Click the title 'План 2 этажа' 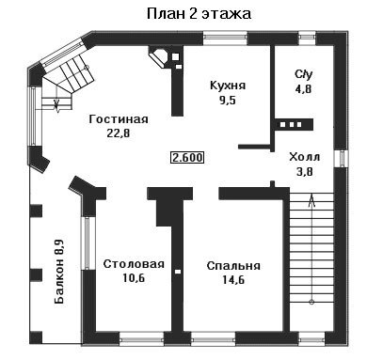pyautogui.click(x=199, y=14)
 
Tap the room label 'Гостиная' pyautogui.click(x=119, y=119)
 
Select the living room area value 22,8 pyautogui.click(x=119, y=133)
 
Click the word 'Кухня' pyautogui.click(x=228, y=86)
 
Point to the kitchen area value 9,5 pyautogui.click(x=228, y=101)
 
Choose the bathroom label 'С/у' pyautogui.click(x=304, y=74)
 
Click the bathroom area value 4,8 pyautogui.click(x=303, y=89)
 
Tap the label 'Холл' pyautogui.click(x=305, y=157)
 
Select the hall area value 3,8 pyautogui.click(x=305, y=171)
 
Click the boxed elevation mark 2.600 pyautogui.click(x=187, y=157)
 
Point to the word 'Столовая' pyautogui.click(x=134, y=264)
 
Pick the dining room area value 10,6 pyautogui.click(x=134, y=278)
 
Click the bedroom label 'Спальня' pyautogui.click(x=233, y=266)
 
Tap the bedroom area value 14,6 pyautogui.click(x=233, y=280)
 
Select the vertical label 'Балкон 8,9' pyautogui.click(x=59, y=272)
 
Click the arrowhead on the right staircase pyautogui.click(x=311, y=200)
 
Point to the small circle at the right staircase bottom pyautogui.click(x=311, y=302)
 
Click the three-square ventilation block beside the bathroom pyautogui.click(x=292, y=124)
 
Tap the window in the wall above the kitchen pyautogui.click(x=225, y=39)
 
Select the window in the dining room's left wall pyautogui.click(x=87, y=243)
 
